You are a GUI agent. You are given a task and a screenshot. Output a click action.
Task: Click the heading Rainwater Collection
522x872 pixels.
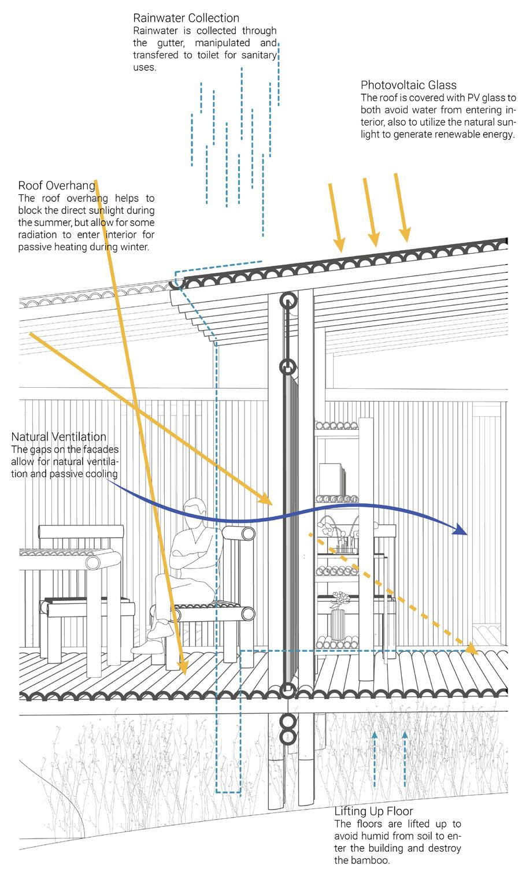[x=186, y=18]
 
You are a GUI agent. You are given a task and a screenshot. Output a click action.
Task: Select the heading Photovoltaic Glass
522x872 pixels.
[x=409, y=86]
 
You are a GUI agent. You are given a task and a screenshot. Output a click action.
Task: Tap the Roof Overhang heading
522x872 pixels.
[x=57, y=185]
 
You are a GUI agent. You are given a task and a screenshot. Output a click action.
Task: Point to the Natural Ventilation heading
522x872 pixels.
[x=59, y=437]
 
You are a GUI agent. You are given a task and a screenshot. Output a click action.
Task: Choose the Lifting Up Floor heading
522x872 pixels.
[x=373, y=811]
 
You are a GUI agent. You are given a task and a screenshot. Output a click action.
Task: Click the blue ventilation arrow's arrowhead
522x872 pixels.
[x=461, y=530]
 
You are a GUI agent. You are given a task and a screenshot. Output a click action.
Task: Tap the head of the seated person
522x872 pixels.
[x=194, y=510]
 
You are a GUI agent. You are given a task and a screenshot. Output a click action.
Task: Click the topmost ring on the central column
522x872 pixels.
[x=288, y=300]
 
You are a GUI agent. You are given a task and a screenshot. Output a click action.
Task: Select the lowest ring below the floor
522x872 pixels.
[x=288, y=736]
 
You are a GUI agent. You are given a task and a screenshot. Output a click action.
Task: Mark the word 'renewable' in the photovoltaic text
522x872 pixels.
[x=456, y=135]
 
